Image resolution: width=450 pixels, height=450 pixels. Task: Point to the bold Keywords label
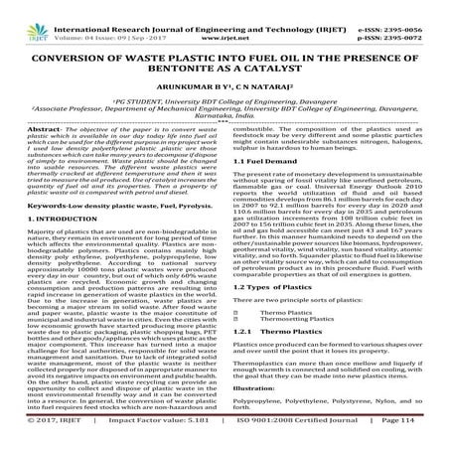(33, 204)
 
